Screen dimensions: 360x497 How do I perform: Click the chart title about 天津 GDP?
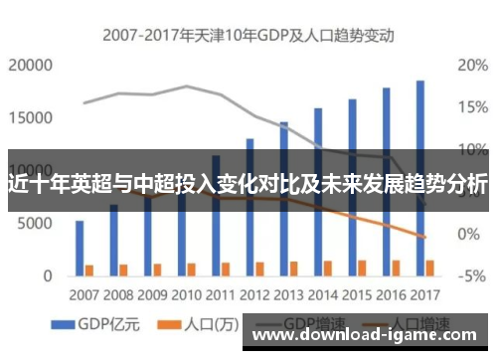coord(248,36)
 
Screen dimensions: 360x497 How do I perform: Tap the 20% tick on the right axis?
coord(470,66)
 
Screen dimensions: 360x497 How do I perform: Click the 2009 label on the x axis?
coord(151,294)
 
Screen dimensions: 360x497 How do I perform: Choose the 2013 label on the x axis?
coord(288,294)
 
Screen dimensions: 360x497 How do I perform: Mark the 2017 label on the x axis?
coord(424,294)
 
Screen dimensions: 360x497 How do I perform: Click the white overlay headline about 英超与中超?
coord(248,183)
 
